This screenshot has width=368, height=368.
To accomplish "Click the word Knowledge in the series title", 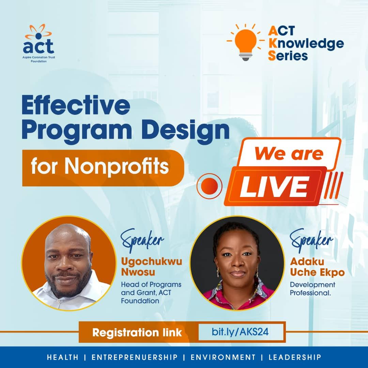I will [305, 43].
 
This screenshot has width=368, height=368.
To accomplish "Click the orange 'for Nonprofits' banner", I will [102, 168].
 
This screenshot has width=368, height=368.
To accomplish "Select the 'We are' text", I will [289, 154].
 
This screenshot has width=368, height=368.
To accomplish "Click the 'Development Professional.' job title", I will [312, 288].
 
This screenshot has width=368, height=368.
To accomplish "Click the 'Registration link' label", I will [137, 332].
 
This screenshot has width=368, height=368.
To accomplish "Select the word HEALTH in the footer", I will [63, 357].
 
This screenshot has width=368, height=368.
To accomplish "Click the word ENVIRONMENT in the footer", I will [223, 357].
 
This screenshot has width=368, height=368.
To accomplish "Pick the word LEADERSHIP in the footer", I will [295, 357].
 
